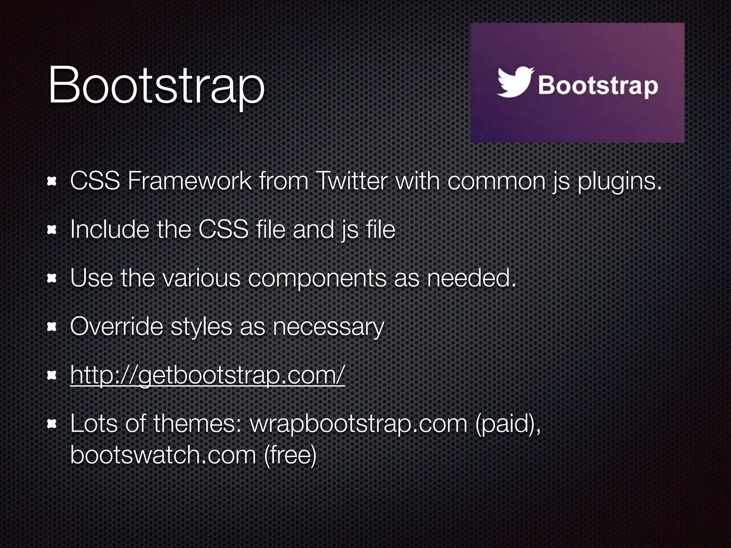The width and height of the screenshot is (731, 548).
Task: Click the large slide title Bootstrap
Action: (x=156, y=87)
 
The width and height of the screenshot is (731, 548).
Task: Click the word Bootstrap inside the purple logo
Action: (x=598, y=86)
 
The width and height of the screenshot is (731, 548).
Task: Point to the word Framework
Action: (x=190, y=181)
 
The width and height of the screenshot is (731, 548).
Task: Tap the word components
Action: (x=317, y=278)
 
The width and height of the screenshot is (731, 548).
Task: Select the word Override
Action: (x=116, y=326)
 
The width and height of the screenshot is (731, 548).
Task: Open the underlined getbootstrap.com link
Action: (x=207, y=375)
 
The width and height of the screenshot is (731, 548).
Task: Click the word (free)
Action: (x=290, y=455)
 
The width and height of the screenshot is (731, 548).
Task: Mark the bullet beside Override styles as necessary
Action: (x=52, y=326)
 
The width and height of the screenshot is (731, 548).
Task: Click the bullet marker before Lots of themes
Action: (x=52, y=423)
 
